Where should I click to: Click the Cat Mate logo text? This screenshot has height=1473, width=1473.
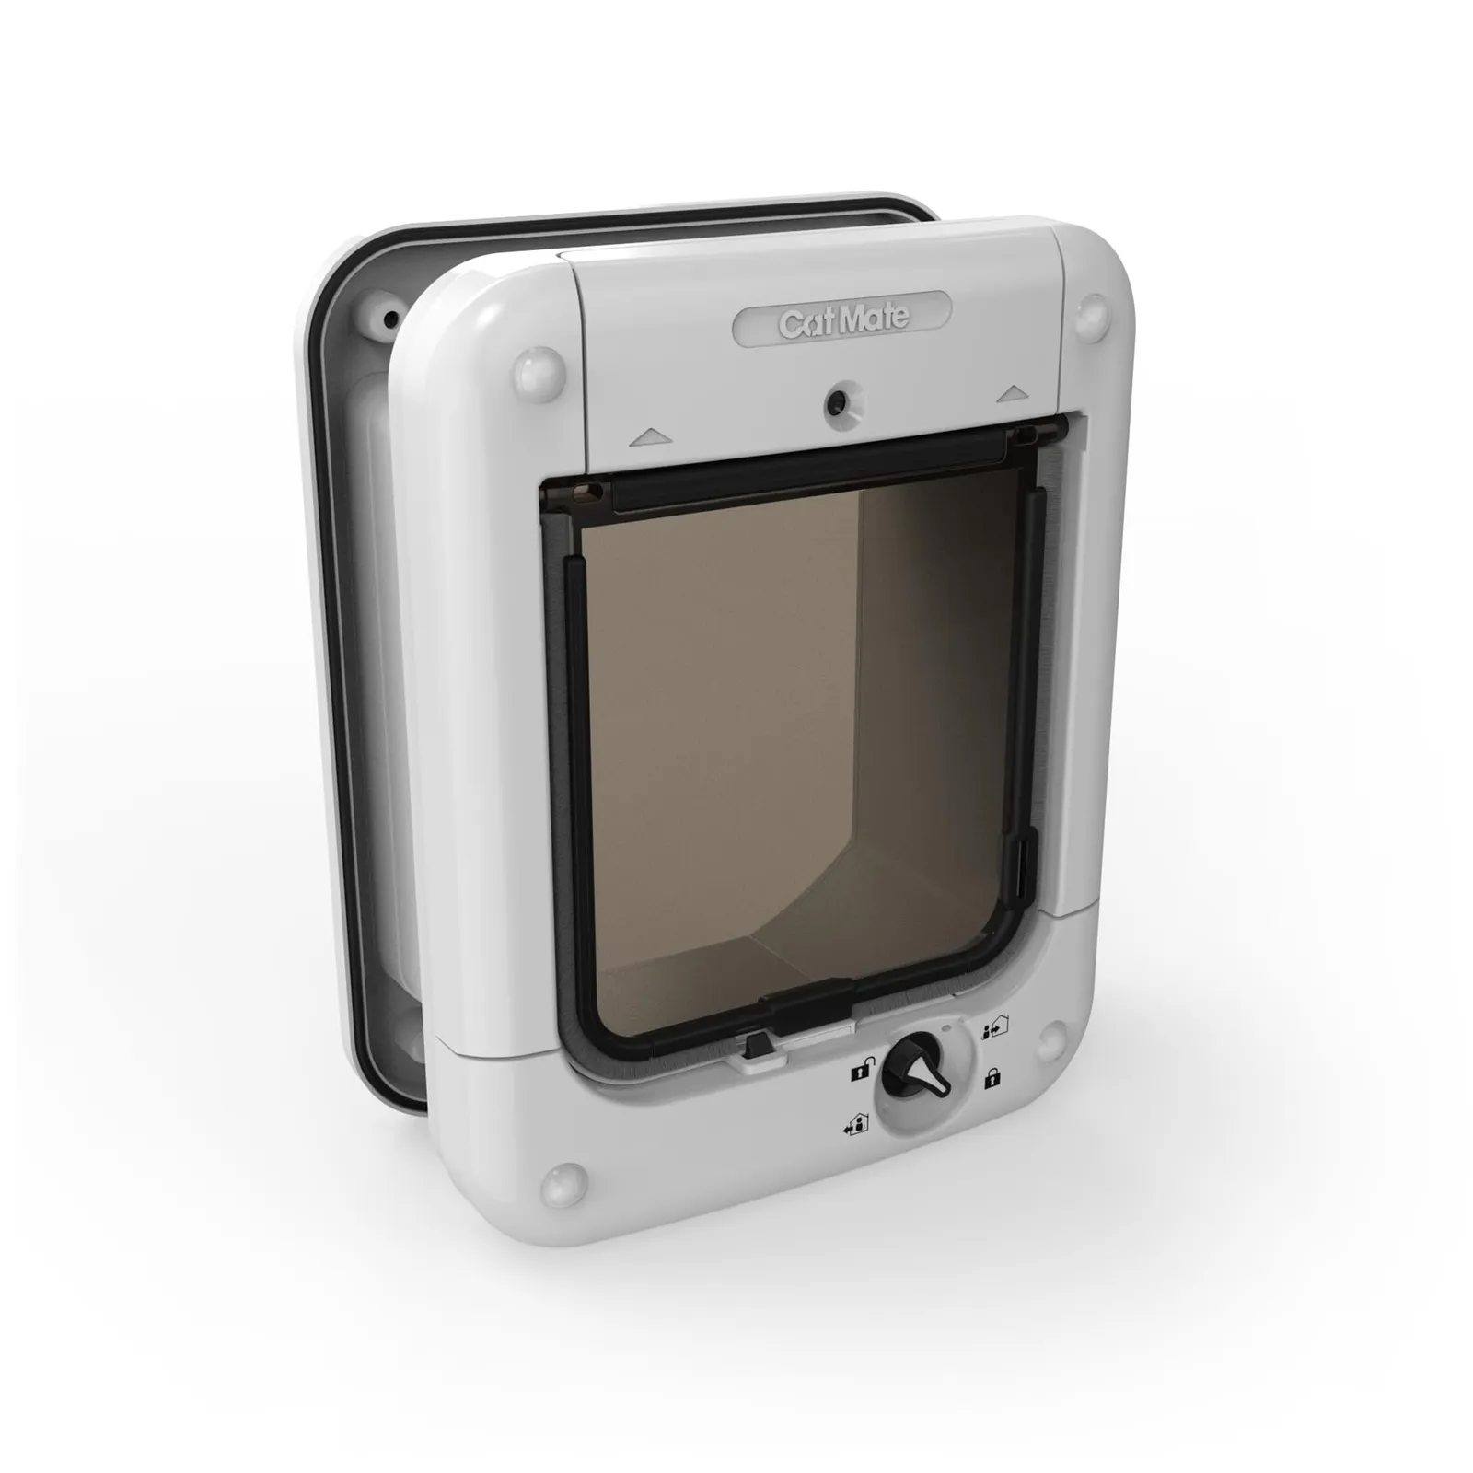point(843,320)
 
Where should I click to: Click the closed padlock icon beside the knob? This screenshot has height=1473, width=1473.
point(992,1079)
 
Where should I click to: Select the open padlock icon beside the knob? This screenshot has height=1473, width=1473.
point(858,1071)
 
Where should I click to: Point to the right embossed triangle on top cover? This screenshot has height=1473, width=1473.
point(1012,393)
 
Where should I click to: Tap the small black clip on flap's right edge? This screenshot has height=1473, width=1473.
point(1021,865)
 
